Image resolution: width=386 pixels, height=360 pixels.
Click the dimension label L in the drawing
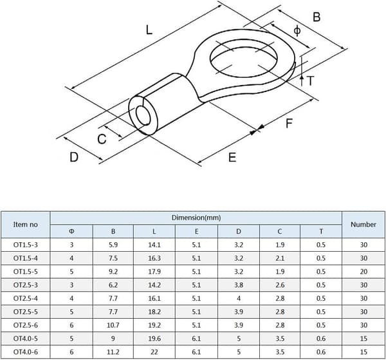click(x=149, y=30)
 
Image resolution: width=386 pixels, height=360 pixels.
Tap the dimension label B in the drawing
click(x=317, y=17)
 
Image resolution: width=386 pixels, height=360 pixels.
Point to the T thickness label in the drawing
click(x=311, y=81)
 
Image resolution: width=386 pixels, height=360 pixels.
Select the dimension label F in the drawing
click(x=289, y=123)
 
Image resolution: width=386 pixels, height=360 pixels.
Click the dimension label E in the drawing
click(x=232, y=157)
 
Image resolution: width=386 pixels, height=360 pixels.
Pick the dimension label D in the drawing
click(x=74, y=157)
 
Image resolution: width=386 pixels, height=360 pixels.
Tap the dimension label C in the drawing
click(x=102, y=139)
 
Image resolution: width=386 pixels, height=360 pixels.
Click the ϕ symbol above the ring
click(x=297, y=30)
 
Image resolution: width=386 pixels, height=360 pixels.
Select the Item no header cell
click(x=25, y=225)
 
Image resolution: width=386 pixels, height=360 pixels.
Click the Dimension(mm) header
click(x=196, y=218)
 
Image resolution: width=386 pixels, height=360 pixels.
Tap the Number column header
click(x=363, y=225)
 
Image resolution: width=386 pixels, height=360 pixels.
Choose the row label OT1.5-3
click(x=26, y=245)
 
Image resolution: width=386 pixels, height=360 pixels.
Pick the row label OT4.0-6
click(x=26, y=352)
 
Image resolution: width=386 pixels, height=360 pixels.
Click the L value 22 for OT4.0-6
click(x=154, y=352)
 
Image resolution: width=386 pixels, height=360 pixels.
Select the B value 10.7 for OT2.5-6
click(x=113, y=325)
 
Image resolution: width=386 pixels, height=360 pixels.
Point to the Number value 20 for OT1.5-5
click(x=363, y=272)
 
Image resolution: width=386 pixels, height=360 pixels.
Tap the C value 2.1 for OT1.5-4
click(x=280, y=258)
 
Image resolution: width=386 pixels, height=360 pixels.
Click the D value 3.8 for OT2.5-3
click(x=239, y=285)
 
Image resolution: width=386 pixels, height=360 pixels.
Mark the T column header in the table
click(x=321, y=231)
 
